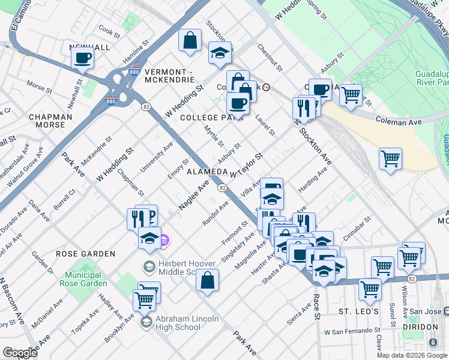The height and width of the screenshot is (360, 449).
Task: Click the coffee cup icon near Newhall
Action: [x=83, y=59]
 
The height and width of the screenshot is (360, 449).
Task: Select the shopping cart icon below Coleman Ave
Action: [x=390, y=159]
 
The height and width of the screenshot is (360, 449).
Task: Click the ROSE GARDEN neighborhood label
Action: [x=85, y=254]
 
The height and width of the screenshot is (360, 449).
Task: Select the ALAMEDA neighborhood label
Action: [x=207, y=172]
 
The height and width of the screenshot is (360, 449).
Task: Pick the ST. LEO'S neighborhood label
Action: [x=358, y=312]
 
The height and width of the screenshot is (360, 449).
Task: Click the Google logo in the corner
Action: [x=20, y=353]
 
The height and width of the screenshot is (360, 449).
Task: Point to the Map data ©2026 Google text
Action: [x=412, y=355]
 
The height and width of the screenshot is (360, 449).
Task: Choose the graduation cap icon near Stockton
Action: [x=220, y=53]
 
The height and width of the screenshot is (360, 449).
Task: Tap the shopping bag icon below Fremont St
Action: [x=207, y=280]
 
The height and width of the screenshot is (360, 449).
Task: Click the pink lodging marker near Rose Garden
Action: [x=165, y=241]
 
